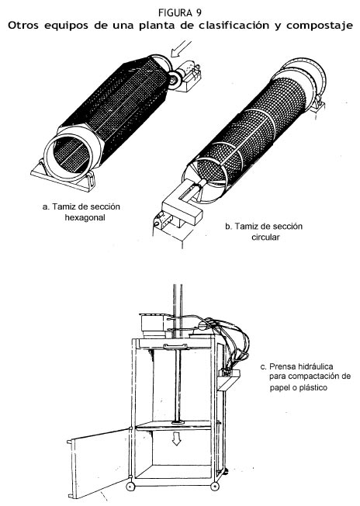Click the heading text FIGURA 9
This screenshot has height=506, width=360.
point(180,13)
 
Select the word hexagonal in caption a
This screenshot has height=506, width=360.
point(85,217)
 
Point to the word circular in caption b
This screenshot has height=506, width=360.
point(265,237)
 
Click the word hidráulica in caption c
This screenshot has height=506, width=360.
point(311,366)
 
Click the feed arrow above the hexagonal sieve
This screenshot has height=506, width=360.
point(181,49)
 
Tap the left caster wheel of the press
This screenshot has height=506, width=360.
point(130,487)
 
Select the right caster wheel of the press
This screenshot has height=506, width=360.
point(215,487)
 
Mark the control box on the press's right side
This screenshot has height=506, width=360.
point(229,374)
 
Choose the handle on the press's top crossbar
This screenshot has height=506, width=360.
point(175,347)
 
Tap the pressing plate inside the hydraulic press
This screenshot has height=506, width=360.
point(175,425)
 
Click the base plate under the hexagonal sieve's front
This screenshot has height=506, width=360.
point(61,176)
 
